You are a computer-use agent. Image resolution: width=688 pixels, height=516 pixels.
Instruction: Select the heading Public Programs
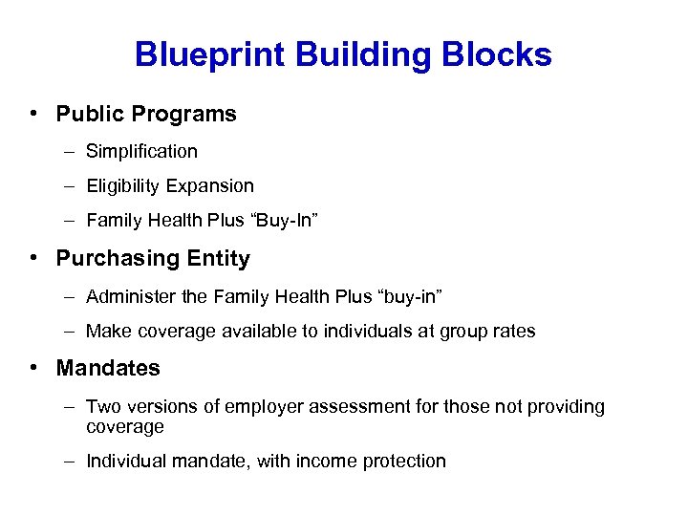(146, 114)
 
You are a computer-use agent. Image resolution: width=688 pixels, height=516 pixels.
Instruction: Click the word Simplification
(141, 151)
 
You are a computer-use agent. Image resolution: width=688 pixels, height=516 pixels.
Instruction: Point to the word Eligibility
(121, 185)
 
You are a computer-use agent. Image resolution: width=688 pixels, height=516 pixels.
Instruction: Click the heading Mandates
(108, 368)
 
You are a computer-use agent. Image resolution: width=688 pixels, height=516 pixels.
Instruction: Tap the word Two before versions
(101, 406)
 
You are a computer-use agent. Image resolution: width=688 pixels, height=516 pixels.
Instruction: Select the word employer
(264, 406)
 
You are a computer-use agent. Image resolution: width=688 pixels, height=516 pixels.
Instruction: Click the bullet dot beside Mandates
(33, 368)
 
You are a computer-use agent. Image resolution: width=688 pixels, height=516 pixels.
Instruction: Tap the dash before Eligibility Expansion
(72, 185)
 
